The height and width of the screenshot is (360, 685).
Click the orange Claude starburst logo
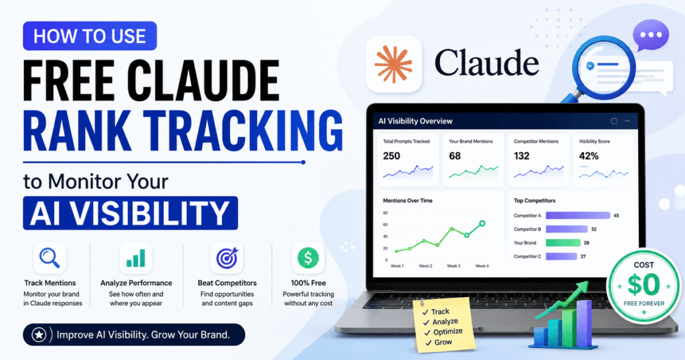(393, 64)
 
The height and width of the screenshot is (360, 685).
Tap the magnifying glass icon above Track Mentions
(50, 258)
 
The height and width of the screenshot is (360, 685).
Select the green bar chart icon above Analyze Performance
(136, 258)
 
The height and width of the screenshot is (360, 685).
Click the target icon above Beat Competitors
(227, 258)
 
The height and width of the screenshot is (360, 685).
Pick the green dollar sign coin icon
(308, 258)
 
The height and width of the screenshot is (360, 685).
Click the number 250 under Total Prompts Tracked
(391, 156)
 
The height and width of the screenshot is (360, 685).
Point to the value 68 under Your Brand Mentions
(455, 156)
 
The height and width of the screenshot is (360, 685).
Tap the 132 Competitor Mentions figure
(522, 156)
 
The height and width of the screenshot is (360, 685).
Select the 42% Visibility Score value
(589, 156)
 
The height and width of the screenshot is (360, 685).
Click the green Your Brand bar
(563, 243)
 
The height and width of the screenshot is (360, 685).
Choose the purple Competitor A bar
(578, 215)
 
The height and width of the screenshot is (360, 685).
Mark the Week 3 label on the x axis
(454, 266)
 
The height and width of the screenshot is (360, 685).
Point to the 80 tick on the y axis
(385, 213)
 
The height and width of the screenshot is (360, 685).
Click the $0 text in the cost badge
(644, 284)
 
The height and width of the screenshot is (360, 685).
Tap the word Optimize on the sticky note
(448, 332)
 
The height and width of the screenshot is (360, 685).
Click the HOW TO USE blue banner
(90, 36)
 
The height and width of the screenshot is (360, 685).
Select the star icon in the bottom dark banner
(39, 335)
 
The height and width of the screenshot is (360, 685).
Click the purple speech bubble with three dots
(650, 35)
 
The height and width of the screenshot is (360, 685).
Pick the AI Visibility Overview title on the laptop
(415, 121)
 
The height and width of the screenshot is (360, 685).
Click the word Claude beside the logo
(487, 64)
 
